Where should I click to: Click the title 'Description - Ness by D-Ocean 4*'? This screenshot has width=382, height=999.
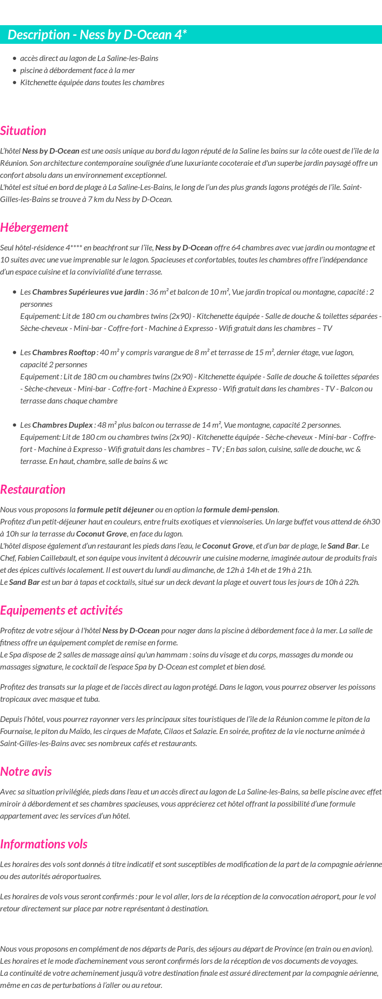point(97,35)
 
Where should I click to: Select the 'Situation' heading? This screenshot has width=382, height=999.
point(23,131)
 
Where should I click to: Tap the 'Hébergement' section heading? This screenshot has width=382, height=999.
point(34,228)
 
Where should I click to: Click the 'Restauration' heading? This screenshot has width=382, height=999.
point(33,490)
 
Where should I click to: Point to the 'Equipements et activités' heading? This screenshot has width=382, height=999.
point(61,611)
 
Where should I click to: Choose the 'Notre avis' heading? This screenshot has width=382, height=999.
point(26,772)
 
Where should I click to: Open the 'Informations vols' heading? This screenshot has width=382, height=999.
point(44,844)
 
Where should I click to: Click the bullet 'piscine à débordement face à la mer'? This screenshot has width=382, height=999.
point(77,71)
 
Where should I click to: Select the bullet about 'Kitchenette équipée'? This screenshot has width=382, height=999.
point(92,83)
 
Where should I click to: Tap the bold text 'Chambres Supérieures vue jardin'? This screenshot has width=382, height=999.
point(88,292)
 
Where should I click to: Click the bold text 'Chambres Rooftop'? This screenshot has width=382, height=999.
point(63,353)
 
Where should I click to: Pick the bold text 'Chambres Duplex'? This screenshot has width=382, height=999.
point(62,425)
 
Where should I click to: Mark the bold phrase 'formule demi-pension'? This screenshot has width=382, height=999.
point(241,510)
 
